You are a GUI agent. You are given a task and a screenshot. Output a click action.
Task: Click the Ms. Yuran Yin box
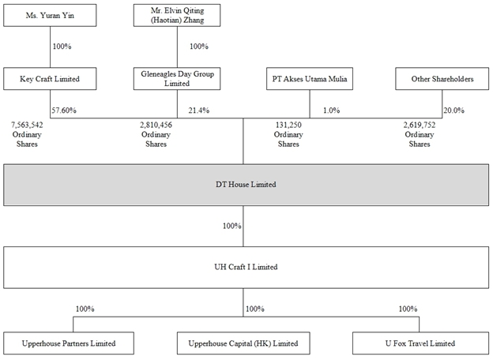[x=50, y=15]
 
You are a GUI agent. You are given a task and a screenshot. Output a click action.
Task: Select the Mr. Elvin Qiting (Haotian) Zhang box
[x=177, y=15]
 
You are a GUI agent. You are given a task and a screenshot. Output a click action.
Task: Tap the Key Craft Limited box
[x=50, y=78]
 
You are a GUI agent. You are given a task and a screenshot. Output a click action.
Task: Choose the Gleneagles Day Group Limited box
[x=177, y=78]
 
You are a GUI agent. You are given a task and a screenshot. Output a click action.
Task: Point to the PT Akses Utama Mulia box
[x=310, y=78]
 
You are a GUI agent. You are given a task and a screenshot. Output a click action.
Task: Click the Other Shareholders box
[x=442, y=78]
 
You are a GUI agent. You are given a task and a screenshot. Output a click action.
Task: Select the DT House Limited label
[x=246, y=185]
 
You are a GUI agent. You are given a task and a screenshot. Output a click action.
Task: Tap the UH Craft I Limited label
[x=246, y=267]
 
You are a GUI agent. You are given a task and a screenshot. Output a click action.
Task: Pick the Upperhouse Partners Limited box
[x=69, y=343]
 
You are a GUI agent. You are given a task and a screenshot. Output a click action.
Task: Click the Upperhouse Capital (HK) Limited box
[x=243, y=343]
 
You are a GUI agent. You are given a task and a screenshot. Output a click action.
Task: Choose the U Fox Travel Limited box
[x=420, y=343]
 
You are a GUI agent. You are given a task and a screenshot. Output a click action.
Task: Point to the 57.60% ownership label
[x=64, y=111]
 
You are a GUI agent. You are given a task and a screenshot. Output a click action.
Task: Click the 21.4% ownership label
[x=199, y=111]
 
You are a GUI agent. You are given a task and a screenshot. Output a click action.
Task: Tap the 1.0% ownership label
[x=331, y=111]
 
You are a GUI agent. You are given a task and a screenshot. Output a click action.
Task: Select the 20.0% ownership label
[x=453, y=111]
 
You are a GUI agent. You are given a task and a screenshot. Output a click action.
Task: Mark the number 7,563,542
[x=27, y=125]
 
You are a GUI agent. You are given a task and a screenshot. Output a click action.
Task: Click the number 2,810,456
[x=156, y=125]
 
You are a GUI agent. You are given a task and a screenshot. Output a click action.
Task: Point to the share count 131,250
[x=288, y=125]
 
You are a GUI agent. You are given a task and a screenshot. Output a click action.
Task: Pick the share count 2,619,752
[x=420, y=125]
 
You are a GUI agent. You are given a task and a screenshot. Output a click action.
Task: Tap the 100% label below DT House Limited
[x=232, y=226]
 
